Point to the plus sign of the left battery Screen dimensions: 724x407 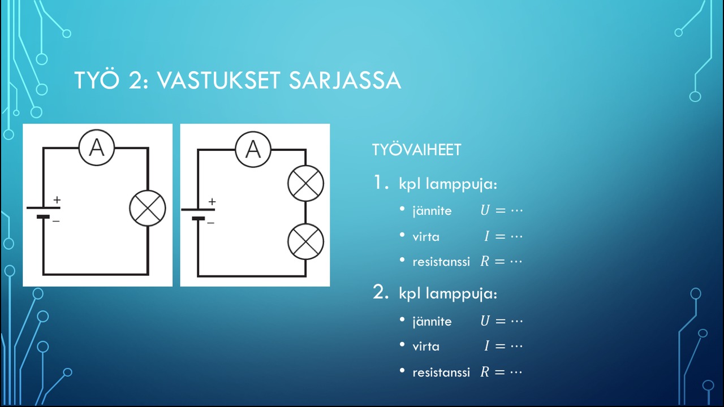(57, 200)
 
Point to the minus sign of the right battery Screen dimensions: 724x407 (211, 223)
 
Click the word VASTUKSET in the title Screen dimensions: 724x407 (218, 80)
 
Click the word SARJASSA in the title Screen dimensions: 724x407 (345, 80)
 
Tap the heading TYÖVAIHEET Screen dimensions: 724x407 (417, 150)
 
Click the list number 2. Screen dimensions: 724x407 (381, 292)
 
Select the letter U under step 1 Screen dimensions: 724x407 (485, 210)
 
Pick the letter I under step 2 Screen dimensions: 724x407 (487, 346)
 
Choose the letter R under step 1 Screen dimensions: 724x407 (485, 261)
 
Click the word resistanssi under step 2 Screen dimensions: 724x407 (441, 373)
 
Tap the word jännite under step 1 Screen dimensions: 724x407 (432, 211)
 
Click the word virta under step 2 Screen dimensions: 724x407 (426, 347)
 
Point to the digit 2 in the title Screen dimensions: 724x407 (135, 80)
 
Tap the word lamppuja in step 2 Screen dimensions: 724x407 (461, 294)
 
